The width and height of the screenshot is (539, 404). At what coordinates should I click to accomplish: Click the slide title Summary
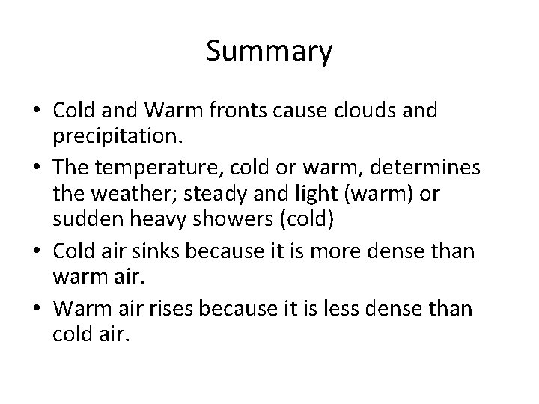pos(269,52)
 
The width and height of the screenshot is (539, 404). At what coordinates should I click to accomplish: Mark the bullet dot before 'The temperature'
pos(39,168)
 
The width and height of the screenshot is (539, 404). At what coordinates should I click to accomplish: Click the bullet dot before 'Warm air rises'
pos(39,307)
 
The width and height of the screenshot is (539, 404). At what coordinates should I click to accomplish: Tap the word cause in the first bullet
pos(323,111)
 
